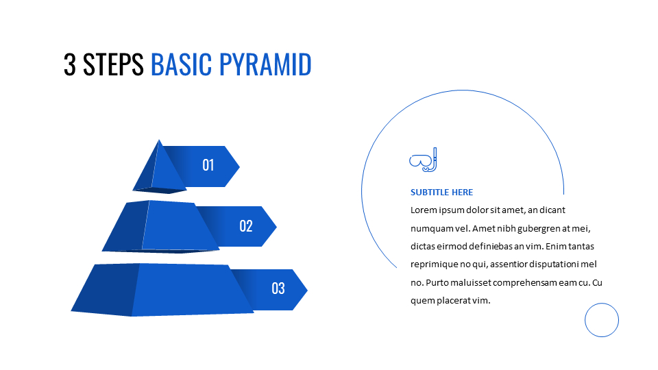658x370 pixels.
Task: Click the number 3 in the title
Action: tap(70, 64)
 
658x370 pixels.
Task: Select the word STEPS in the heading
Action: tap(113, 64)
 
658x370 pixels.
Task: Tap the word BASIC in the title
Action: tap(181, 64)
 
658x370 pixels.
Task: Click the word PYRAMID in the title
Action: tap(265, 64)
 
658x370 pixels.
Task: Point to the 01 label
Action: tap(208, 165)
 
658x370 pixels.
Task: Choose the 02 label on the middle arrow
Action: tap(246, 226)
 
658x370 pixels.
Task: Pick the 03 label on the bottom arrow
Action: tap(278, 288)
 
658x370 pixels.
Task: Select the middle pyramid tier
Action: tap(160, 227)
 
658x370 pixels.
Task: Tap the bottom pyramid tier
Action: tap(162, 290)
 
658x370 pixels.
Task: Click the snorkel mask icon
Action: tap(423, 160)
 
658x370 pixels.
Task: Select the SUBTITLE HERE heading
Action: tap(441, 193)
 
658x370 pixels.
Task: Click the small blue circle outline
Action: tap(602, 304)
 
